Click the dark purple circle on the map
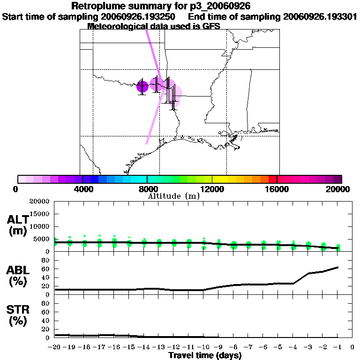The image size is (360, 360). pos(142,87)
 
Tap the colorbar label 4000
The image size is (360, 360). pos(82,189)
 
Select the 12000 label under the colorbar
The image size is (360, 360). pos(212,189)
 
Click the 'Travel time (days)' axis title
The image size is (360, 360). pos(205,356)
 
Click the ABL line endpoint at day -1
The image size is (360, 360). pos(338,267)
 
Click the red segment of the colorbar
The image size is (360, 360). pos(272,179)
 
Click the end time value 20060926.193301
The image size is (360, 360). pos(320,17)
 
